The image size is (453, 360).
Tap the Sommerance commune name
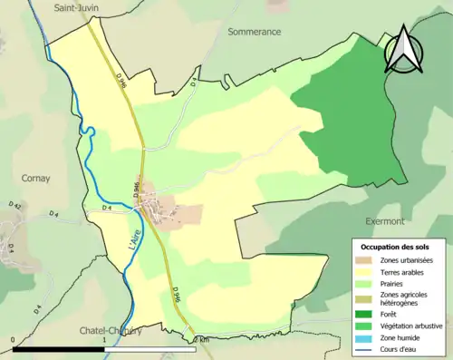(x=255, y=31)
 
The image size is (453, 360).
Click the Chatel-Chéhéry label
(x=111, y=331)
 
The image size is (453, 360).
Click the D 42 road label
(x=13, y=207)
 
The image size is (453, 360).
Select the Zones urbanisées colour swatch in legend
(x=367, y=260)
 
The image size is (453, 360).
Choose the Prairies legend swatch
(x=367, y=284)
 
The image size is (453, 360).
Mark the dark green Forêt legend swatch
(x=367, y=316)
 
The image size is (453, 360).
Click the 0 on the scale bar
(x=14, y=339)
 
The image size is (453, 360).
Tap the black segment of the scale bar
(x=59, y=348)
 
